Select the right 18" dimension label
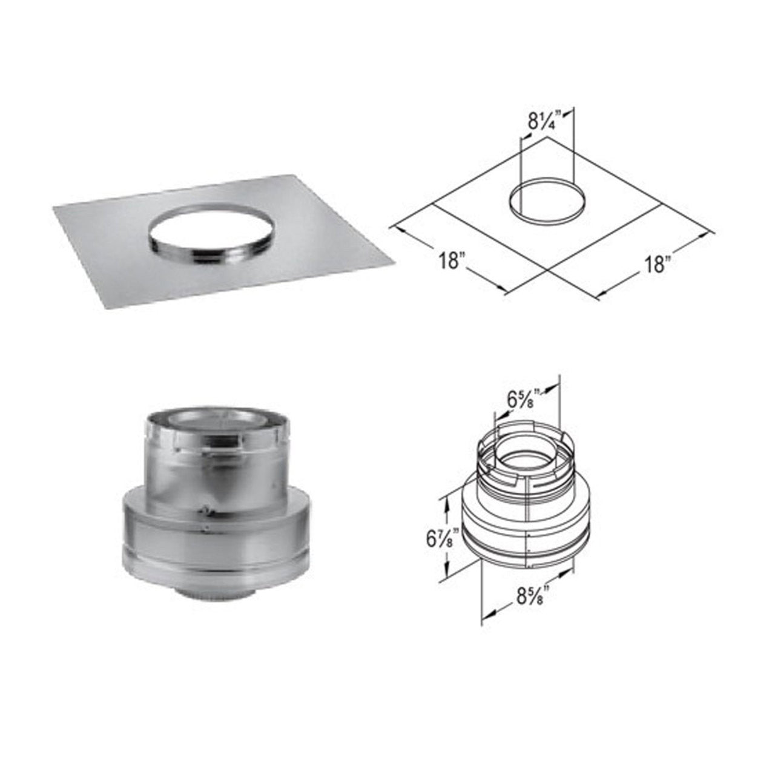(x=654, y=264)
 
